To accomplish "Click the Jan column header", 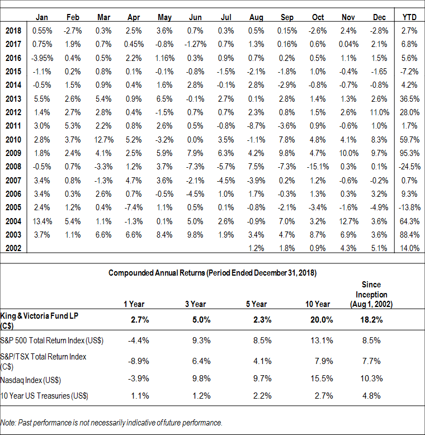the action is point(41,17).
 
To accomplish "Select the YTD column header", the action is point(409,17).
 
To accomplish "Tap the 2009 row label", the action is point(13,153).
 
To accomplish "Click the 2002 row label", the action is point(13,248).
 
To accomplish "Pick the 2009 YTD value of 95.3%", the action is point(409,153).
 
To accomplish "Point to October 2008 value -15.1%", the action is point(318,167).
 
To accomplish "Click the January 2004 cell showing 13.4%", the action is point(42,221).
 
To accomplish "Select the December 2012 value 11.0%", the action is point(380,112).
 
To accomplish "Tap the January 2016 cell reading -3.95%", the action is point(42,58).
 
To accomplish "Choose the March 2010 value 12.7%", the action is point(104,140).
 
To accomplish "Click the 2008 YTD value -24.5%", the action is point(409,167).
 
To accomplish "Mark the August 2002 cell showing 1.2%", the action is point(256,248).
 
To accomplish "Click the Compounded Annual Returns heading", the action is point(212,273).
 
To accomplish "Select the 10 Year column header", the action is point(318,304).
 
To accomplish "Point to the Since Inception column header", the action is point(371,294).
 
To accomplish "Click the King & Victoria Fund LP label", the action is point(39,320).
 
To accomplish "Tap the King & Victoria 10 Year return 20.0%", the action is point(322,320).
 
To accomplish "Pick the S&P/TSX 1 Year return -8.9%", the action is point(139,361).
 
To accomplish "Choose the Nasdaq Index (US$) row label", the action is point(31,380).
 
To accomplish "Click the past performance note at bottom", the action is point(111,423).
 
